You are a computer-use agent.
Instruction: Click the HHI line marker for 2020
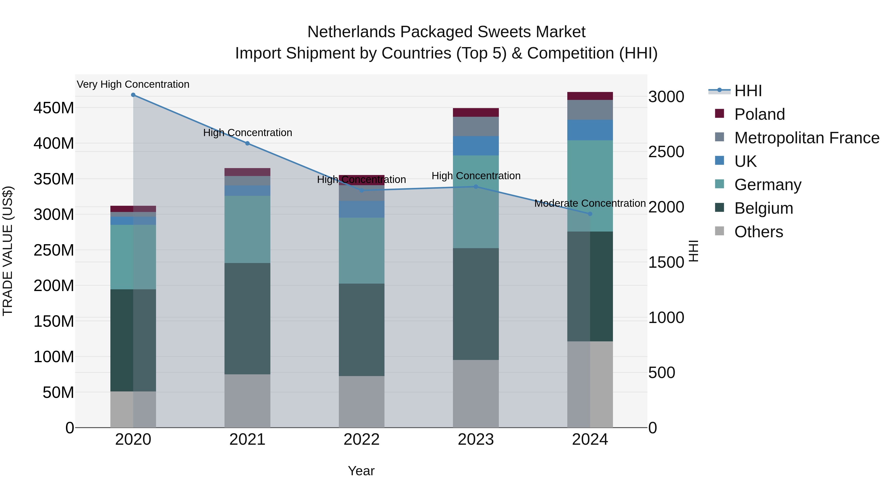133,95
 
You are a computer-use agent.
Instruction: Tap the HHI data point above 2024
590,214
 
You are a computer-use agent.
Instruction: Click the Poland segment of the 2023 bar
476,113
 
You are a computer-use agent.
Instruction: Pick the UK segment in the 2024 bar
590,130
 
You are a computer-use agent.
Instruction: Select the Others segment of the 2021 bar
247,401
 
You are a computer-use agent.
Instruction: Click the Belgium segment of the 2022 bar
362,330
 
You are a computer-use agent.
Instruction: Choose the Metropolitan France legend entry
807,138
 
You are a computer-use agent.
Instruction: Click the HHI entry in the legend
748,91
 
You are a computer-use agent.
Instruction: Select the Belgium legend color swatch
719,208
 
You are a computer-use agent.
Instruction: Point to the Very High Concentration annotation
133,85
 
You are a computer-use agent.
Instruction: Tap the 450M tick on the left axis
54,108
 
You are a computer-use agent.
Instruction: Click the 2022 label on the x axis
362,440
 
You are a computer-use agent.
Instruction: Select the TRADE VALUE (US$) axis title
8,251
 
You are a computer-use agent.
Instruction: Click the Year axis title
361,471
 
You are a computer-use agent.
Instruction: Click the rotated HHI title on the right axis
693,251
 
